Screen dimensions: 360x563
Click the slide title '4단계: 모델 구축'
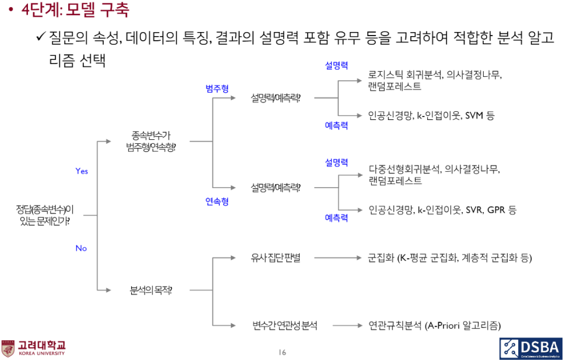(x=75, y=10)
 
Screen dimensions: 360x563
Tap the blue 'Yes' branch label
(x=82, y=171)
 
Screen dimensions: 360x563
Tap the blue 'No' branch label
(x=81, y=248)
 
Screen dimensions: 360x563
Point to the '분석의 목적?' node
(x=150, y=290)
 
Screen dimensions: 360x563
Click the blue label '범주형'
(x=217, y=88)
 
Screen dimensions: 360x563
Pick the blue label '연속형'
(x=217, y=202)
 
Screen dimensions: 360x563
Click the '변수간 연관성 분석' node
(x=285, y=326)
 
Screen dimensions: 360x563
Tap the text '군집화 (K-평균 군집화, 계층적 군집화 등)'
(x=450, y=257)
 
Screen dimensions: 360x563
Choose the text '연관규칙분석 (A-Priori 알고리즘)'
(x=435, y=326)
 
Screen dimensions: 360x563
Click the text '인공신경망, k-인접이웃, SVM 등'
(x=431, y=115)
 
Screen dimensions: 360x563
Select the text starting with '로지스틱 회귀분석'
(x=435, y=80)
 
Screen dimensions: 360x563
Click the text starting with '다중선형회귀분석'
(x=434, y=175)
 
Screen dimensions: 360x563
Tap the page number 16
(x=282, y=352)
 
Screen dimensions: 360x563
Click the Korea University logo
(x=33, y=348)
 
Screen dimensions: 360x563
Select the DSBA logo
(x=530, y=348)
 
